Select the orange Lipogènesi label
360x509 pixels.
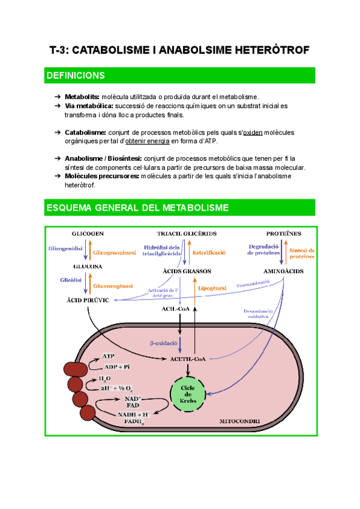coord(211,288)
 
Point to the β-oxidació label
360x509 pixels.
coord(163,343)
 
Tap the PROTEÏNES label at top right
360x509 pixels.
coord(283,233)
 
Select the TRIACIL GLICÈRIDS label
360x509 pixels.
coord(187,233)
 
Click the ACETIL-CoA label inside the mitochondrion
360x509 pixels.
coord(188,358)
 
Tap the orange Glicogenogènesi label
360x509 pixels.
coord(114,253)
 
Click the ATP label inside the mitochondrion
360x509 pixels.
coord(108,356)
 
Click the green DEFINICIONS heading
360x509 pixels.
coord(75,75)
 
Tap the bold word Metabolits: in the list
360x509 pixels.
coord(82,97)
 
